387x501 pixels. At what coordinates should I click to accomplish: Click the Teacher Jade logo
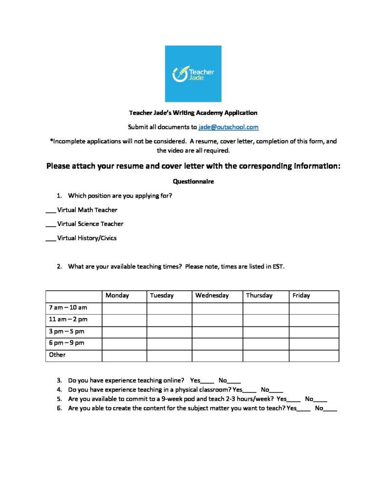coord(193,74)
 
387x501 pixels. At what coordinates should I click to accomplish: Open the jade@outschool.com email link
coord(228,127)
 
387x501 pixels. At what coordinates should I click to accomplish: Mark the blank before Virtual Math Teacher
coord(50,210)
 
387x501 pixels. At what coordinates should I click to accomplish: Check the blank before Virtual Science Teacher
coord(50,225)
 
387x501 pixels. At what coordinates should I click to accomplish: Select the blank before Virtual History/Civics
coord(50,239)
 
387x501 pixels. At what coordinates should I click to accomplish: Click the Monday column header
coord(117,296)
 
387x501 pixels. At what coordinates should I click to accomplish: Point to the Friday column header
coord(301,296)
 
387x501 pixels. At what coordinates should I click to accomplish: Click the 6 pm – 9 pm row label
coord(67,343)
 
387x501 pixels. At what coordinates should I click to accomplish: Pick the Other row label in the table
coord(57,355)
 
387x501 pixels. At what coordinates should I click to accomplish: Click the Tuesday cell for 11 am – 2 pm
coord(169,320)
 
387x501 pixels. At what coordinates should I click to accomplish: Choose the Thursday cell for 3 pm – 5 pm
coord(266,332)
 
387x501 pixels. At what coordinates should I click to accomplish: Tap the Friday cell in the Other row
coord(314,356)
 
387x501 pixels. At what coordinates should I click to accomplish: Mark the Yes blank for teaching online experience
coord(207,381)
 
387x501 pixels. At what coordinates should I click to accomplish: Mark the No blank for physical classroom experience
coord(276,390)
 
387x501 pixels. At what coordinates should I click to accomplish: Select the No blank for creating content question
coord(330,409)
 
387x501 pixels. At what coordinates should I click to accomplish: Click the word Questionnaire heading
coord(193,181)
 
